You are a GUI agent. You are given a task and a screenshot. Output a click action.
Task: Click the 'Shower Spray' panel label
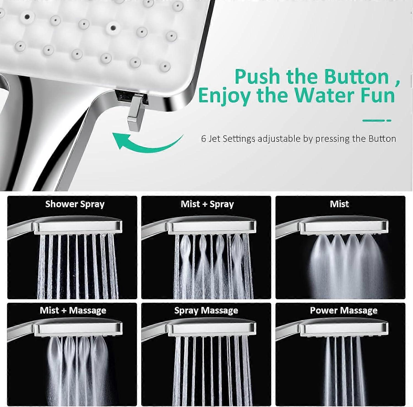click(x=75, y=204)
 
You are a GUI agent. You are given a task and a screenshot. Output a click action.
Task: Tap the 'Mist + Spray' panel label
click(x=207, y=204)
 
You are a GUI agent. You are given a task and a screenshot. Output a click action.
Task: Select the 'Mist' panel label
click(x=339, y=204)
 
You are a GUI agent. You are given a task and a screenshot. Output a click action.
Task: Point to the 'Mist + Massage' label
click(x=73, y=310)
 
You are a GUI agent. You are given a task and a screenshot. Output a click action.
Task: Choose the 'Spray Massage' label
click(x=206, y=310)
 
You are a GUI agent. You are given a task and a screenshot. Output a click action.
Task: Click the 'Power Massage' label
click(x=344, y=310)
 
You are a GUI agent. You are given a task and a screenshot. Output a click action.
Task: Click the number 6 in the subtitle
click(x=203, y=139)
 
